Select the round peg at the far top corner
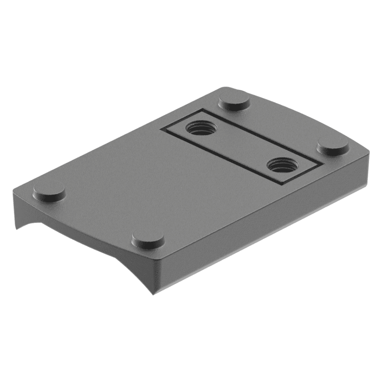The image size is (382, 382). pos(234,101)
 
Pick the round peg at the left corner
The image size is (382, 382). pos(49,192)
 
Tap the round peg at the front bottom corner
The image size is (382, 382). pos(148,238)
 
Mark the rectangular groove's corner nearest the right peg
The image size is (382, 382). pos(324,164)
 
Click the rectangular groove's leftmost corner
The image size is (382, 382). pos(161,130)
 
